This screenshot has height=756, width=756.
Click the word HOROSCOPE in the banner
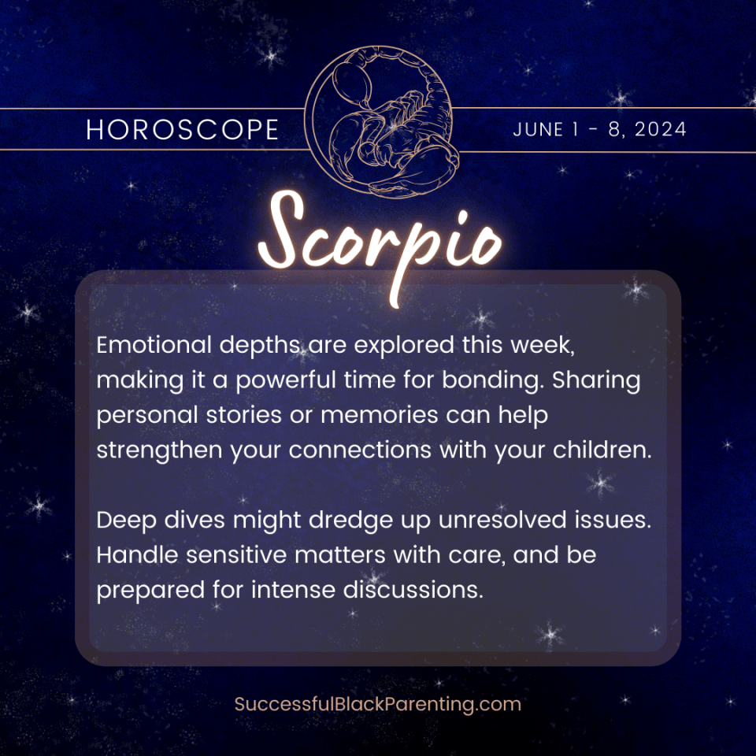click(183, 130)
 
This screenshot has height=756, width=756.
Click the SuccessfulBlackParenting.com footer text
click(378, 703)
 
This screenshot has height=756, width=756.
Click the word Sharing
click(596, 380)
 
